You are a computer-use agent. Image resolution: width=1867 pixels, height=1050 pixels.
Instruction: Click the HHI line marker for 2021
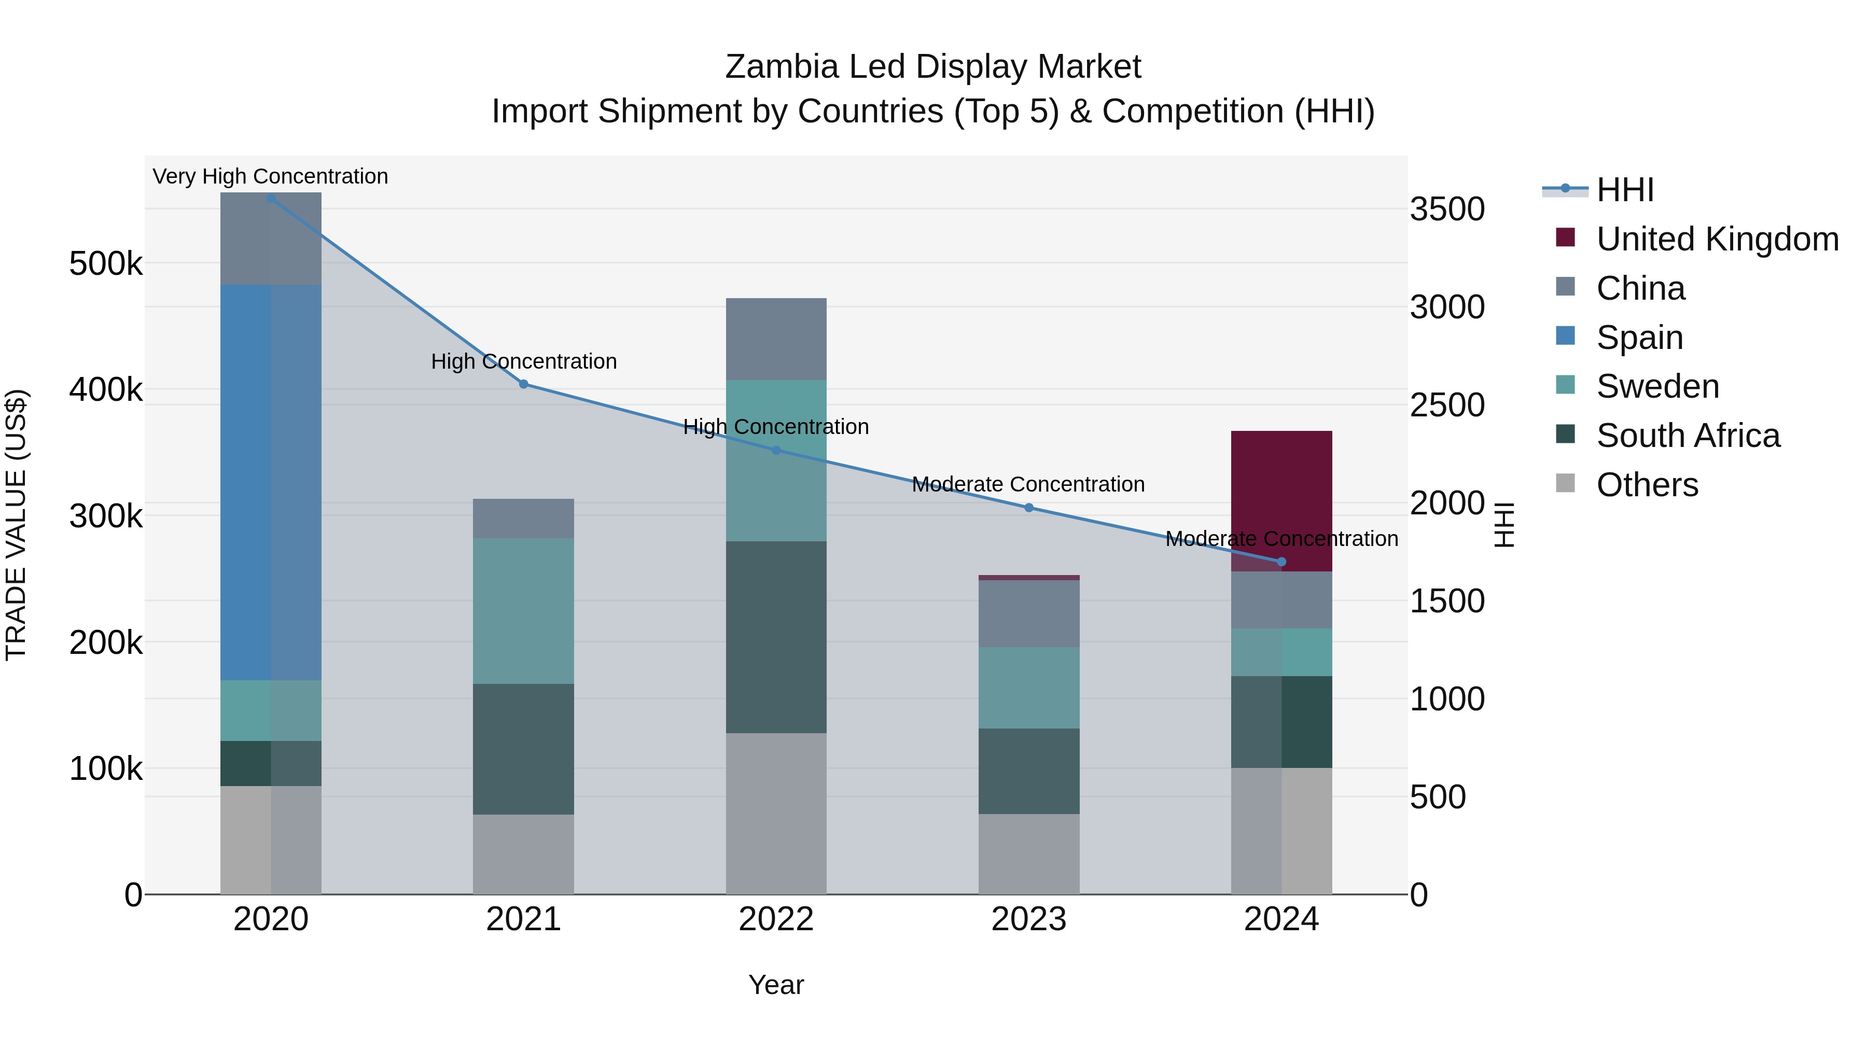(523, 384)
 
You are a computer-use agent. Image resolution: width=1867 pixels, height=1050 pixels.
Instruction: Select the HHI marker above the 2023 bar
(1028, 508)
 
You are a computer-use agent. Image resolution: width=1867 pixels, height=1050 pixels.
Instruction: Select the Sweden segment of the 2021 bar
(523, 610)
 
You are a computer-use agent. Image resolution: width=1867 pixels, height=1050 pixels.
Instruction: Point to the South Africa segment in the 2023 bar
(1028, 771)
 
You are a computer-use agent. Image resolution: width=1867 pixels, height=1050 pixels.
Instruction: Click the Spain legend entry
(1639, 338)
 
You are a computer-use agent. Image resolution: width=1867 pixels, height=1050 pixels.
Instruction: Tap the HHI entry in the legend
(1625, 190)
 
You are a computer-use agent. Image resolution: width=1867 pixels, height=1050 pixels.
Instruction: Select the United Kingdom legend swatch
(1566, 237)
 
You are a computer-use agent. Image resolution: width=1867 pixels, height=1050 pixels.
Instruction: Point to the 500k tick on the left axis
(106, 264)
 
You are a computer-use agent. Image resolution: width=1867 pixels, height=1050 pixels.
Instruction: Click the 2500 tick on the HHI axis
(1446, 405)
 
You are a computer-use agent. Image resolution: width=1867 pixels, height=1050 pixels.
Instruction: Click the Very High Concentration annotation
(270, 176)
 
